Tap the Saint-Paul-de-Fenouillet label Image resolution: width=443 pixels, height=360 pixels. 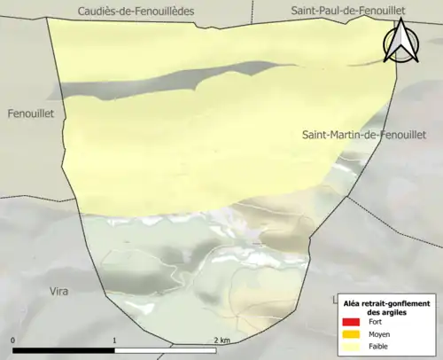[x=347, y=10]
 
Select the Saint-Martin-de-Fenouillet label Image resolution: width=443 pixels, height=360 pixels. [x=364, y=135]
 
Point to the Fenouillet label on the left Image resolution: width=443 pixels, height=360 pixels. [x=31, y=114]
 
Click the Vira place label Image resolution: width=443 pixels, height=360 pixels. [x=58, y=290]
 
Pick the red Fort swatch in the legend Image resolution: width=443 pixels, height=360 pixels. [x=350, y=322]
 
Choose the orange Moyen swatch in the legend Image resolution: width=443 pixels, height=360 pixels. [x=350, y=334]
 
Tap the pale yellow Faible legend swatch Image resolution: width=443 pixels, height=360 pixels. [x=350, y=347]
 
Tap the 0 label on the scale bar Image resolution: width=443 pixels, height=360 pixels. [x=13, y=340]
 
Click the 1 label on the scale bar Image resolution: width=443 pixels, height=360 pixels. [x=114, y=340]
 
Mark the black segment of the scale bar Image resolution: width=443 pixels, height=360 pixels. [x=64, y=350]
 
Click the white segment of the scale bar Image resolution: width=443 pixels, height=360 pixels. [x=166, y=350]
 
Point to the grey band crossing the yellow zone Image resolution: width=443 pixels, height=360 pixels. [x=133, y=87]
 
